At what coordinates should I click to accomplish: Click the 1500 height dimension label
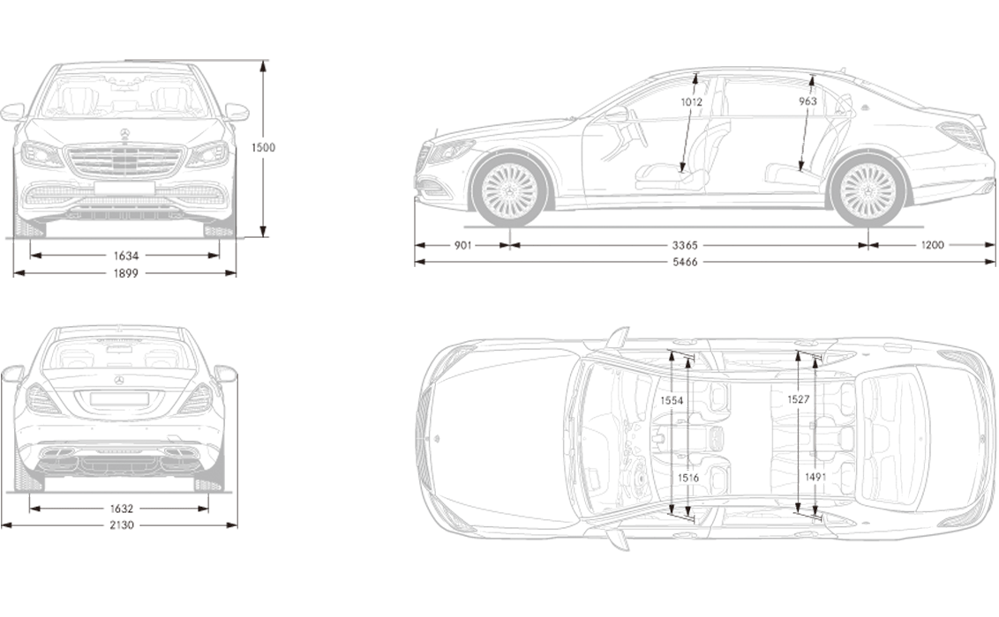pos(262,147)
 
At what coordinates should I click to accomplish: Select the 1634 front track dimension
pos(125,256)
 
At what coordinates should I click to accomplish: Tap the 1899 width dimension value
pos(125,273)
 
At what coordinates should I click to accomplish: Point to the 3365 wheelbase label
pos(685,245)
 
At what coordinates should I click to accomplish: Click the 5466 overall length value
pos(685,262)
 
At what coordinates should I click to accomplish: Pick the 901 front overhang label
pos(463,245)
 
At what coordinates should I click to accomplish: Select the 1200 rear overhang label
pos(932,245)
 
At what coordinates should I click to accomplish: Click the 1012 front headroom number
pos(691,101)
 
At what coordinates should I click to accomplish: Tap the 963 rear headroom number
pos(807,101)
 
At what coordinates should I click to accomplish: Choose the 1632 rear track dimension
pos(121,509)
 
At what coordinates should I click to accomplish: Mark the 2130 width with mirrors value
pos(121,525)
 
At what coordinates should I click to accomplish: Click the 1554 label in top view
pos(672,401)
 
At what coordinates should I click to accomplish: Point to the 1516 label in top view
pos(688,478)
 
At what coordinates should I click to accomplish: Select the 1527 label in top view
pos(799,399)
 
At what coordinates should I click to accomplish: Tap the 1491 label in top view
pos(815,477)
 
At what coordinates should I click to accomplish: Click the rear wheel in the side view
pos(868,190)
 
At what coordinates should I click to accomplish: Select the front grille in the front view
pos(125,161)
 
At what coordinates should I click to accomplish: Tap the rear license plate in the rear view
pos(119,398)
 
